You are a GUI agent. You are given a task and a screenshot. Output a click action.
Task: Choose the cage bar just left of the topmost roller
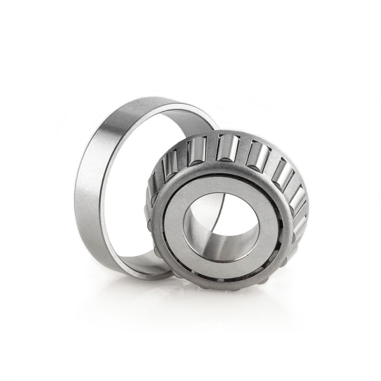click(x=211, y=147)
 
